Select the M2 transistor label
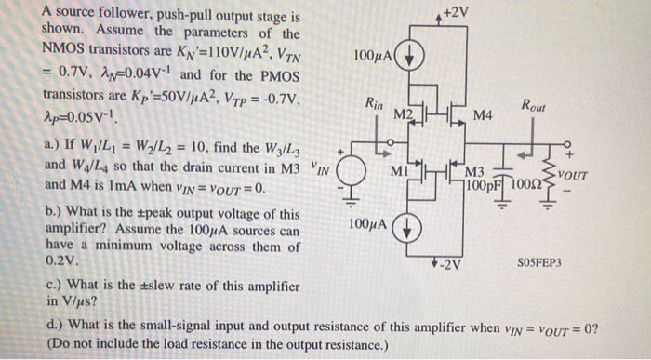(x=404, y=113)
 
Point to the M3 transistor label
(x=474, y=172)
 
